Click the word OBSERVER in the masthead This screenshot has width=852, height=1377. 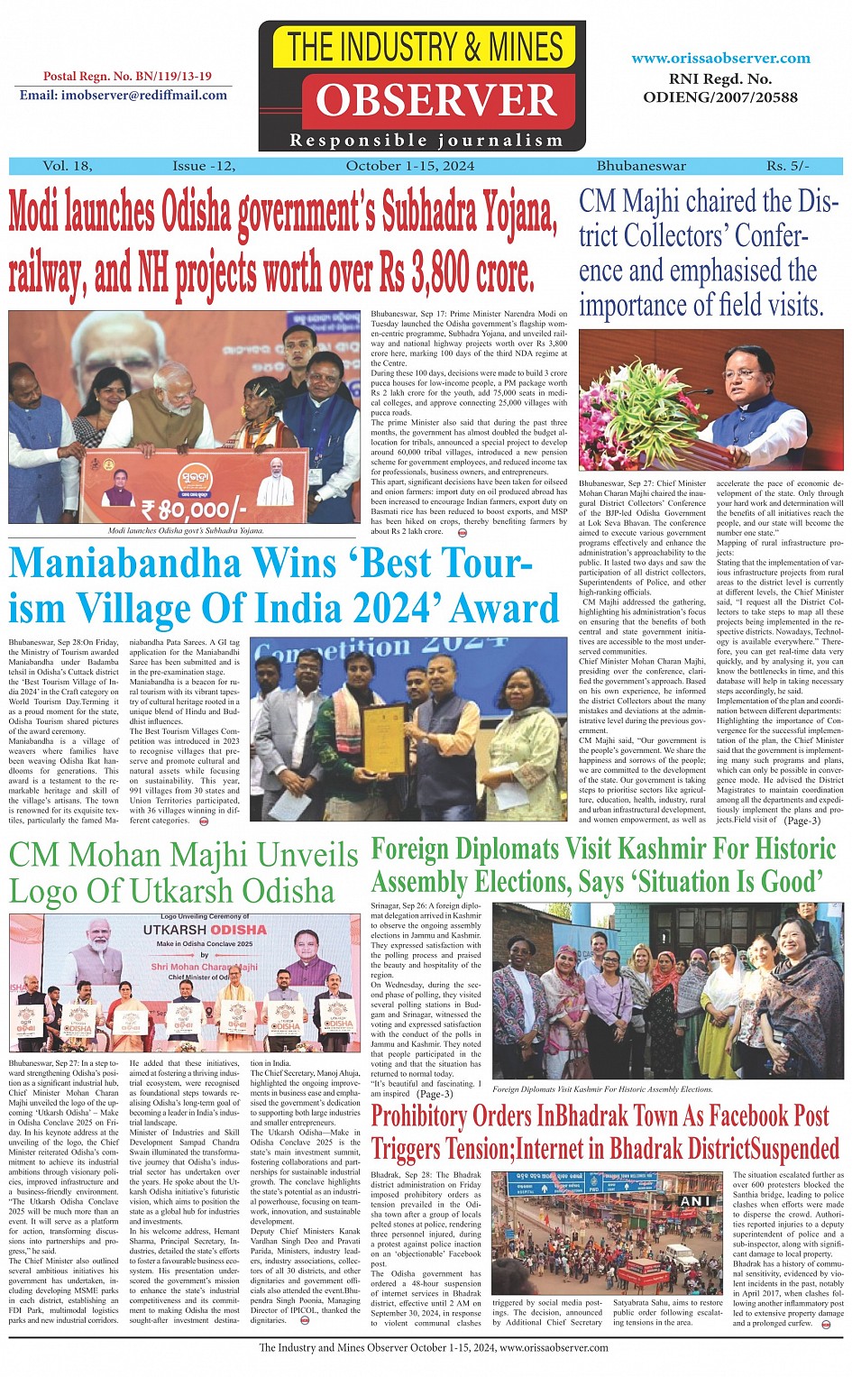[435, 101]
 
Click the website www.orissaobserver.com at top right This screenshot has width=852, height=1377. [720, 58]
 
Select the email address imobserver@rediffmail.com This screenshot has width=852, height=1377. [124, 95]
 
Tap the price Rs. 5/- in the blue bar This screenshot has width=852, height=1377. [787, 166]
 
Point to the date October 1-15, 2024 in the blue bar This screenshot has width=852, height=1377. [410, 166]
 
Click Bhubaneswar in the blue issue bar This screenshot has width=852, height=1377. [641, 166]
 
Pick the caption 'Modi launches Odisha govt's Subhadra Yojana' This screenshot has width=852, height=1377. [186, 531]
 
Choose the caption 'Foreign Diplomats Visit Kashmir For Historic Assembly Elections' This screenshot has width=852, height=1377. [602, 1088]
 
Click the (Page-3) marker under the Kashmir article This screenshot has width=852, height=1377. [435, 1094]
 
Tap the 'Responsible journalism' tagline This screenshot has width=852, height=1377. [426, 141]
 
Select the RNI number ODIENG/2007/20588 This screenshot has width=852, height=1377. [720, 97]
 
